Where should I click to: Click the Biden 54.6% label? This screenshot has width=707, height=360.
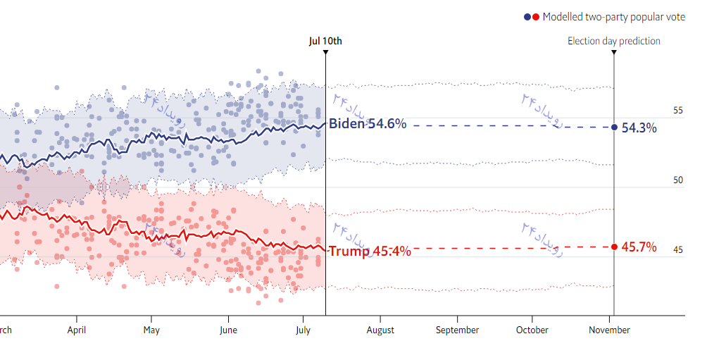[x=368, y=124]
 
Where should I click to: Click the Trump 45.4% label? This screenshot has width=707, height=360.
[x=370, y=251]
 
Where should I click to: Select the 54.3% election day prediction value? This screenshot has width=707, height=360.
[x=639, y=128]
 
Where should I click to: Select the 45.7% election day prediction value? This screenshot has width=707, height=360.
[x=639, y=247]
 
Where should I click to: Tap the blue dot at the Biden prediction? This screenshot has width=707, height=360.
[x=614, y=128]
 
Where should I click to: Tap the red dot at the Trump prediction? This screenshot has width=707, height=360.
[x=614, y=247]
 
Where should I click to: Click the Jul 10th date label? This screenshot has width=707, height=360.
[x=325, y=41]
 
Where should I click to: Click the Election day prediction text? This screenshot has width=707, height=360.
[x=614, y=41]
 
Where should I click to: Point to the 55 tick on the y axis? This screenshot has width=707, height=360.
[x=677, y=111]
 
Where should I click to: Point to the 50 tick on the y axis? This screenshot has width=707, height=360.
[x=677, y=180]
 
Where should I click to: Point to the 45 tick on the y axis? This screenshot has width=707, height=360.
[x=677, y=250]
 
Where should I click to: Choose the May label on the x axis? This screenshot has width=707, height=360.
[x=151, y=330]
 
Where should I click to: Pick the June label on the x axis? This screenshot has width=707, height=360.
[x=228, y=330]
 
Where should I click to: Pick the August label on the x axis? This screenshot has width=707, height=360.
[x=380, y=330]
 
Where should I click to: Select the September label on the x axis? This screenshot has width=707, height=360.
[x=457, y=330]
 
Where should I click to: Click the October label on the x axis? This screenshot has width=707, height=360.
[x=532, y=330]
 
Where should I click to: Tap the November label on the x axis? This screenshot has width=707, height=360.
[x=609, y=330]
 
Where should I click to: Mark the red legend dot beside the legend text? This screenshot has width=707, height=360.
[x=536, y=17]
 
